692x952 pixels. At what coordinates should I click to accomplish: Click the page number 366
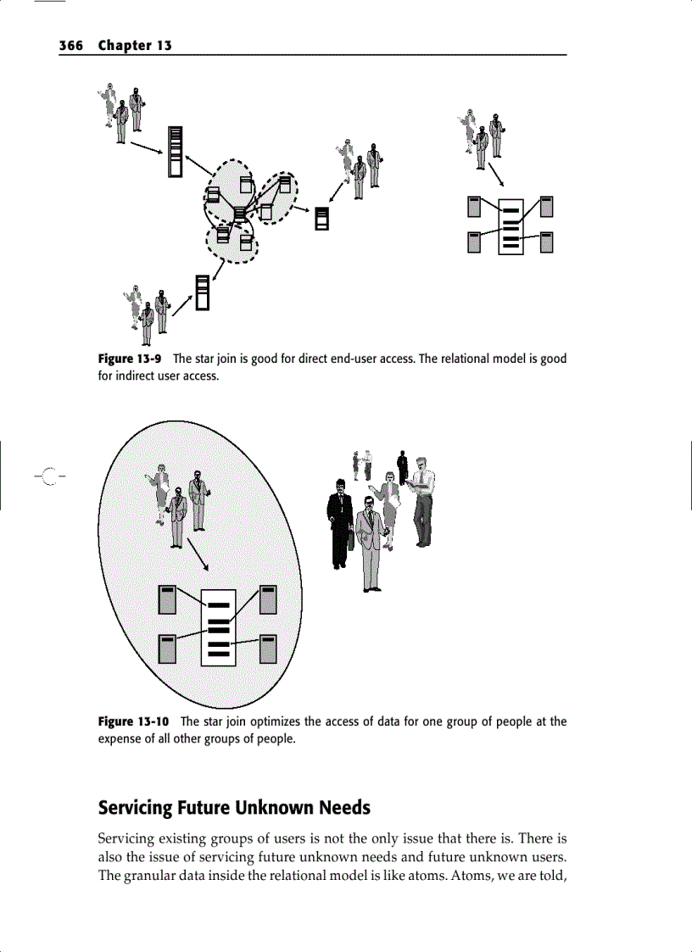71,46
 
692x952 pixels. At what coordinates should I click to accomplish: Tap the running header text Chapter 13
135,46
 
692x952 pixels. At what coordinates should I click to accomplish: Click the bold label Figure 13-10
133,721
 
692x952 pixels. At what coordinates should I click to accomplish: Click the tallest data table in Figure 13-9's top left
176,151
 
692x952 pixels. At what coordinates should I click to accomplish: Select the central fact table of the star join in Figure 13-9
511,226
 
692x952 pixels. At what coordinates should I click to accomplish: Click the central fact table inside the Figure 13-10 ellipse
218,627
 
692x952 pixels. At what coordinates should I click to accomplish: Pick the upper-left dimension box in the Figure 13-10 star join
168,598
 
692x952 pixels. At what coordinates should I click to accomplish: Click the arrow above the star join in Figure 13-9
498,175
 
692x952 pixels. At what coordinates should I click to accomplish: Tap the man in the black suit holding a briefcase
339,522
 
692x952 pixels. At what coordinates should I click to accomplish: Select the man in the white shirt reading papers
421,504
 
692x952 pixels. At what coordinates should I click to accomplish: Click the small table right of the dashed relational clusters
321,218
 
